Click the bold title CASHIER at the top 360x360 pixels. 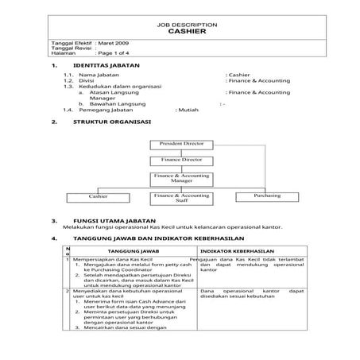point(181,33)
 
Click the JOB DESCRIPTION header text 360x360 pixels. point(181,24)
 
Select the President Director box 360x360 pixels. point(181,144)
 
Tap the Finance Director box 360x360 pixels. point(181,161)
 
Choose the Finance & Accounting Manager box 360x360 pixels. point(181,178)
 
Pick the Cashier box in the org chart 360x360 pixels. point(99,195)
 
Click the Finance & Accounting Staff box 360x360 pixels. point(181,198)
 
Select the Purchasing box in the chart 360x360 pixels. point(267,195)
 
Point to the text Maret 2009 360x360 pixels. point(112,42)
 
